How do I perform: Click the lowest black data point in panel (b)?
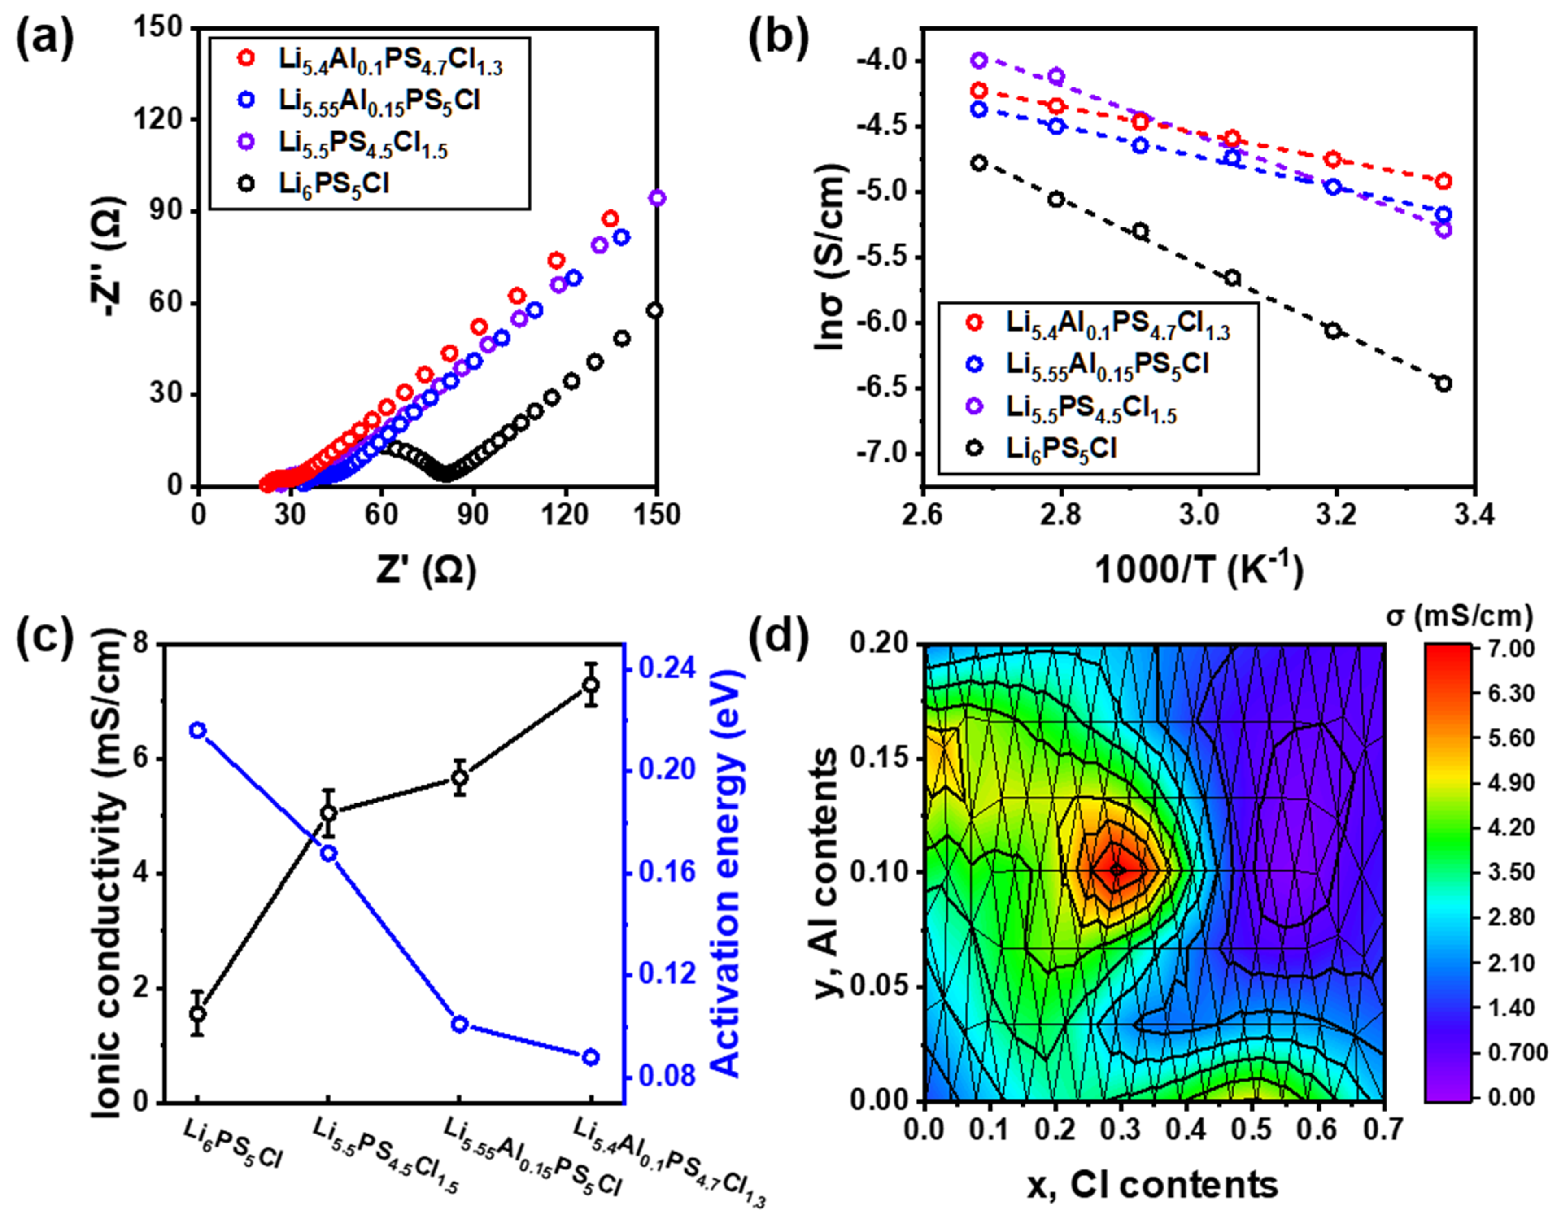tap(1444, 384)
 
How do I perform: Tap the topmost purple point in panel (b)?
tap(979, 61)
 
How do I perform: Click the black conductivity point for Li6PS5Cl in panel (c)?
tap(198, 1014)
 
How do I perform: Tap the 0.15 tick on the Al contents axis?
tap(883, 757)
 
